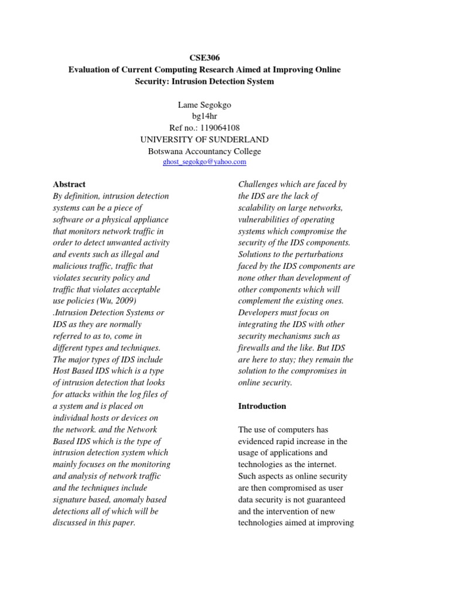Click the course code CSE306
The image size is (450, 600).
204,58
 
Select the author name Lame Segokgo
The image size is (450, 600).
204,105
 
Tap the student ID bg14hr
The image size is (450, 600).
204,117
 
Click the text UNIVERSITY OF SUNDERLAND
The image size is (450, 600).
204,139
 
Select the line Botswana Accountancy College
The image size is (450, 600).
204,151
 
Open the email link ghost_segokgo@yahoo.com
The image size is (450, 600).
204,162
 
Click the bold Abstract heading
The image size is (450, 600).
69,184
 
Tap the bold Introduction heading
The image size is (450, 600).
262,406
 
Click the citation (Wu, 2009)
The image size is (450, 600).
117,301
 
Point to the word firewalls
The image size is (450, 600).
254,347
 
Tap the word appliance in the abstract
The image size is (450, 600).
148,219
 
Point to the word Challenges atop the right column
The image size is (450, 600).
258,184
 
